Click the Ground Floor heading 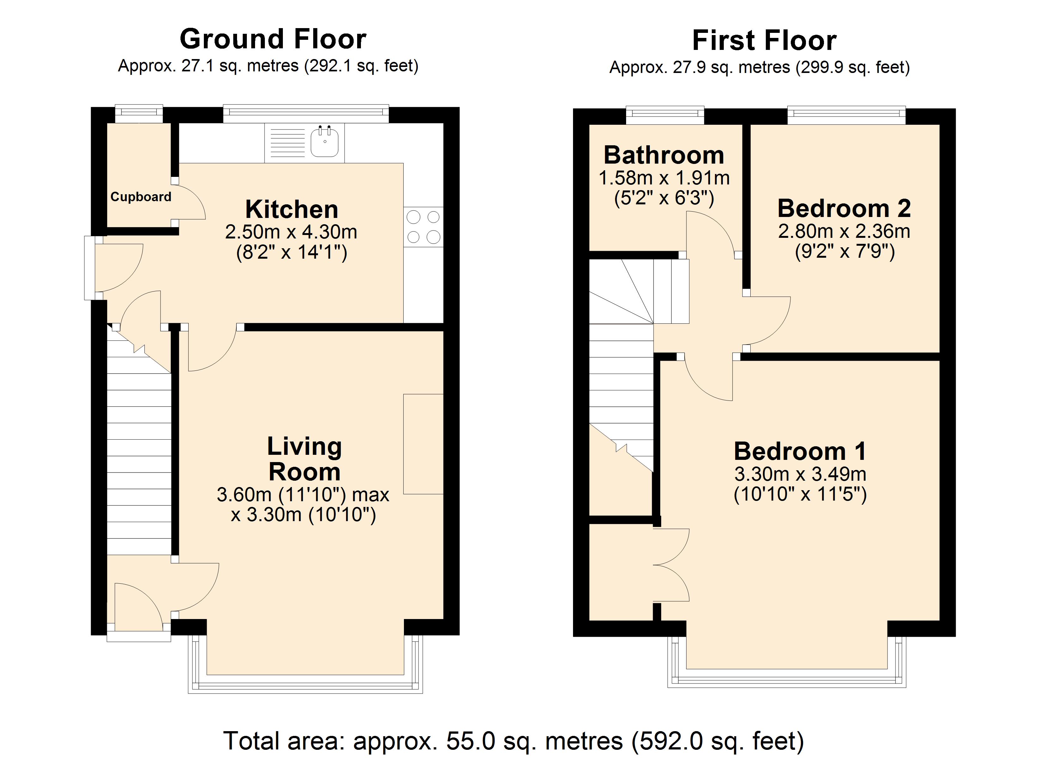pyautogui.click(x=273, y=39)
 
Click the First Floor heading pyautogui.click(x=764, y=40)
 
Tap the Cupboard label pyautogui.click(x=141, y=197)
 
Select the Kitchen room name pyautogui.click(x=291, y=210)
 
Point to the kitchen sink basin pyautogui.click(x=325, y=142)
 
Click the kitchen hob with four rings pyautogui.click(x=423, y=227)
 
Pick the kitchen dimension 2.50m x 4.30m pyautogui.click(x=291, y=232)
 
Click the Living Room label pyautogui.click(x=304, y=459)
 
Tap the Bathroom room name pyautogui.click(x=664, y=155)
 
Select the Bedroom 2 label pyautogui.click(x=844, y=208)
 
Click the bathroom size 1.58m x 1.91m pyautogui.click(x=664, y=177)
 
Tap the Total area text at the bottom pyautogui.click(x=513, y=741)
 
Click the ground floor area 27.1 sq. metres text pyautogui.click(x=268, y=66)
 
